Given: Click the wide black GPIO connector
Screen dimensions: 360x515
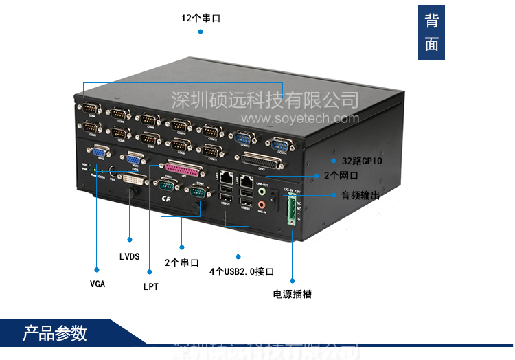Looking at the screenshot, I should coord(262,161).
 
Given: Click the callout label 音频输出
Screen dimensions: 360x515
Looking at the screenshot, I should coord(360,195).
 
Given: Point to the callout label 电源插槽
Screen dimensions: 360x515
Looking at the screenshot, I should coord(292,294).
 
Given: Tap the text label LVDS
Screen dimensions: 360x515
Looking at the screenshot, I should coord(129,257).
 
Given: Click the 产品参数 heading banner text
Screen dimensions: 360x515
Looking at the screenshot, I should coord(55,334).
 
